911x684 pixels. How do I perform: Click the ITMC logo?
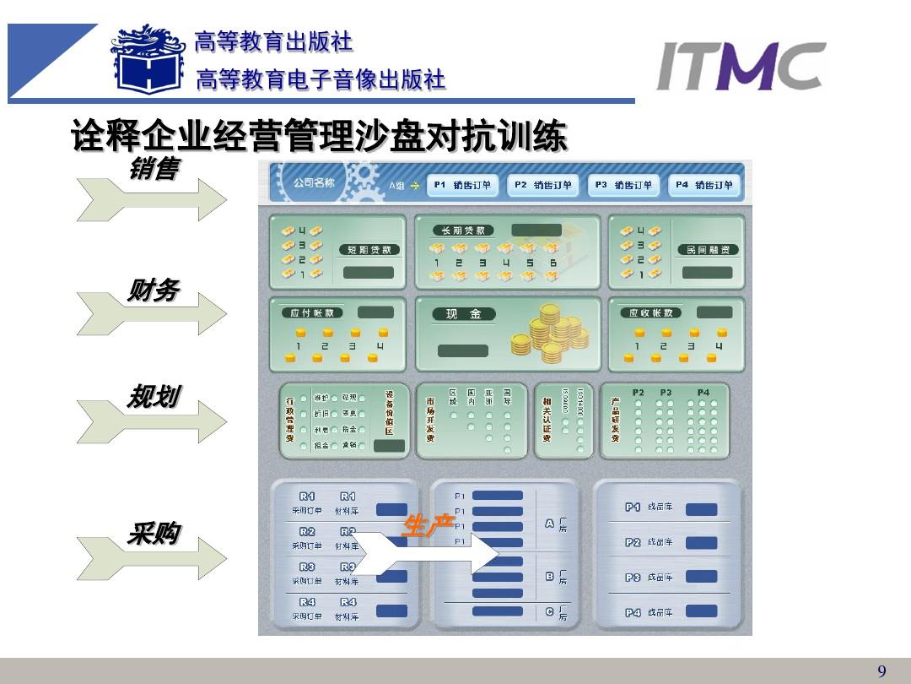point(741,67)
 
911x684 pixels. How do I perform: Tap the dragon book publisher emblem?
point(148,60)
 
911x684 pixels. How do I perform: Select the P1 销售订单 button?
point(462,185)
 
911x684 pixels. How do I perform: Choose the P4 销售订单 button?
point(704,185)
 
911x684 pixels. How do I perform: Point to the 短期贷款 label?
point(369,250)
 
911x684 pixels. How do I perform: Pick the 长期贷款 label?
point(463,230)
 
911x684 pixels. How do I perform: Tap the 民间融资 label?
point(708,250)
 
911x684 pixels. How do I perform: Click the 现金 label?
point(463,314)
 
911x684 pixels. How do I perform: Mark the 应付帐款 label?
point(311,312)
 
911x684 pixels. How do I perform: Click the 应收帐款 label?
point(651,312)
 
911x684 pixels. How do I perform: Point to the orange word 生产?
point(429,526)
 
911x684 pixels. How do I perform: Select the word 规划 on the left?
point(153,396)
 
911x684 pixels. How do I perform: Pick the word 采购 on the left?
point(153,533)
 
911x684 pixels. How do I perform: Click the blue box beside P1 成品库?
point(701,509)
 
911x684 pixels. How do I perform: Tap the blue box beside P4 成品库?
point(701,611)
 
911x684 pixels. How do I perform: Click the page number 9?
point(881,672)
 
